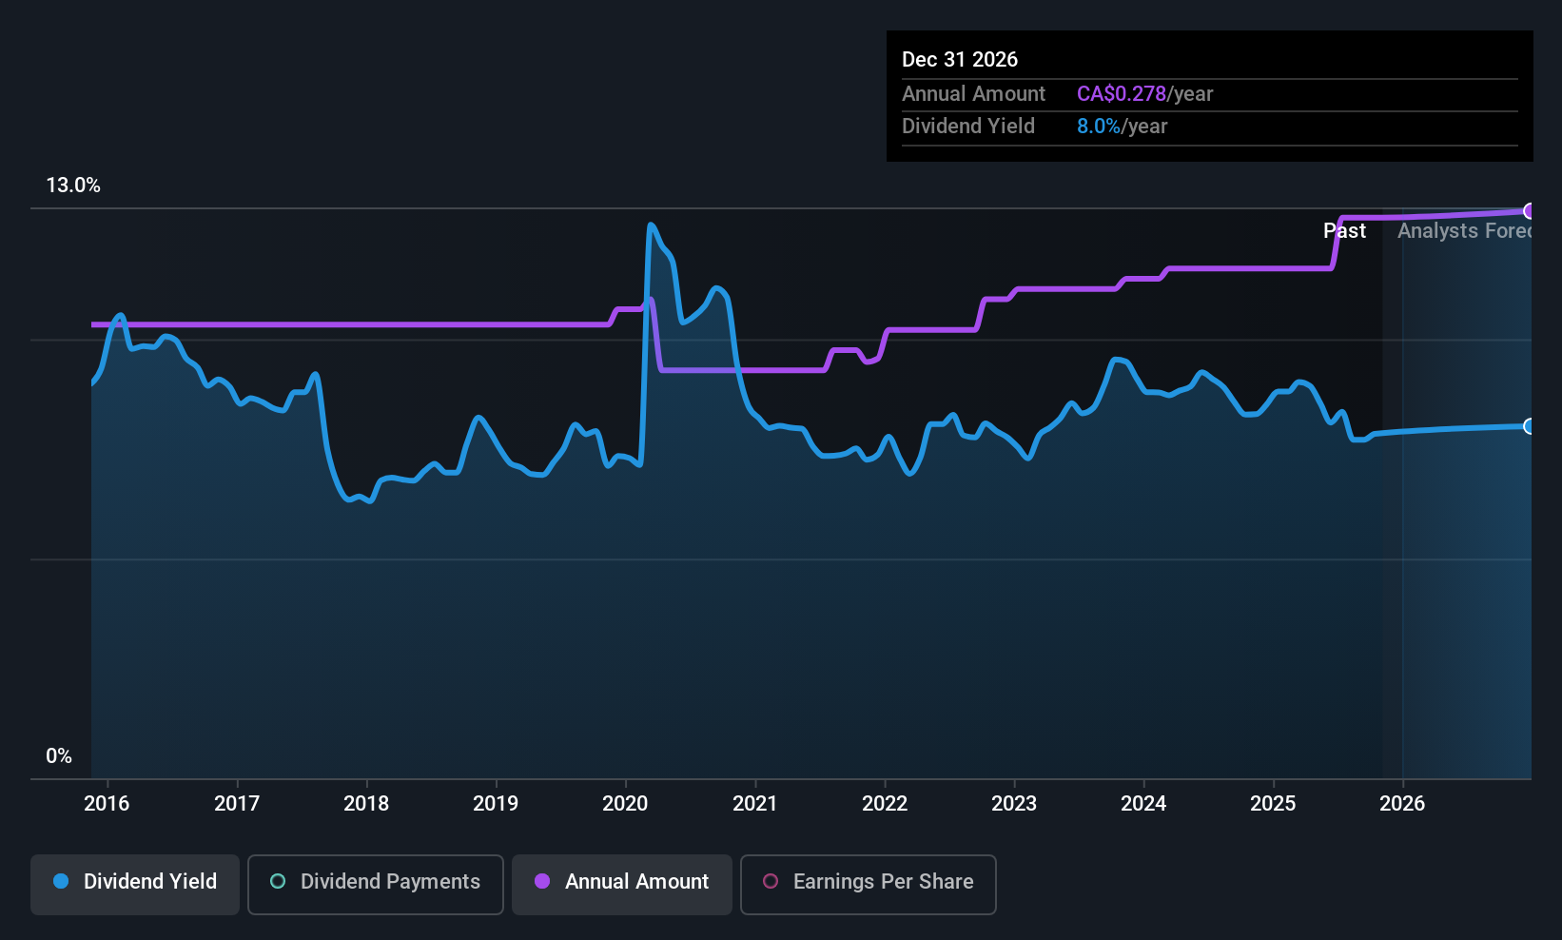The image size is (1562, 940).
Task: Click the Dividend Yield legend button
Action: click(135, 882)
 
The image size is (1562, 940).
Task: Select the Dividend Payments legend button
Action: click(376, 882)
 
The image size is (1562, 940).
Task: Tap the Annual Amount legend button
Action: click(622, 882)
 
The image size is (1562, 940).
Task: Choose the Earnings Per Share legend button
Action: click(868, 882)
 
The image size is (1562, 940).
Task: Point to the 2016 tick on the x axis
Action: click(107, 803)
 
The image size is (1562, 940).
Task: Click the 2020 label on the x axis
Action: click(625, 803)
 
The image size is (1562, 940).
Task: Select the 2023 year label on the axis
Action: click(1014, 803)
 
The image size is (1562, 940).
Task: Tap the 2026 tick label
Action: click(1402, 803)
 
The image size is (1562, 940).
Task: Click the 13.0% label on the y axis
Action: click(73, 186)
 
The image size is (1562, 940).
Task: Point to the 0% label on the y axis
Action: click(59, 756)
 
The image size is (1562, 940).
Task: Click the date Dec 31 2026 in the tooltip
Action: click(960, 60)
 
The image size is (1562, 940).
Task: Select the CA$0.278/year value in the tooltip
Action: click(1144, 94)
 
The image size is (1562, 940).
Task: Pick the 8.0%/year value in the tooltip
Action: click(1122, 127)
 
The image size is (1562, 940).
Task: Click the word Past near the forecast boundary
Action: click(1344, 231)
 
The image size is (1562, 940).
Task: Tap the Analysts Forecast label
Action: click(1463, 231)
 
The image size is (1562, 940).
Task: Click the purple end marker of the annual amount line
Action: click(1529, 211)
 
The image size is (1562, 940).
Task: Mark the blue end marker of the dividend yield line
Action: click(1529, 426)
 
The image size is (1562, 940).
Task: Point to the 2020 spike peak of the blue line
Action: click(651, 225)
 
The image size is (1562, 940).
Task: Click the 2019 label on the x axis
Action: click(496, 803)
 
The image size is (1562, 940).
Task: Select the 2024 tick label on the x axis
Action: click(1143, 803)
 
